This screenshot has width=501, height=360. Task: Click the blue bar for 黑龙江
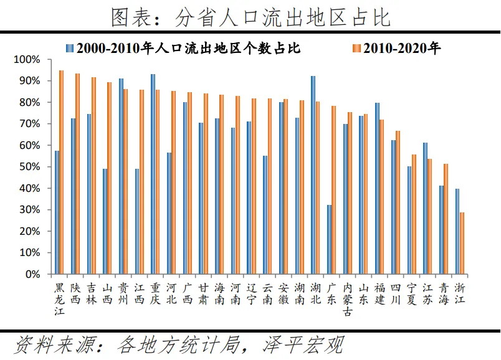click(x=57, y=212)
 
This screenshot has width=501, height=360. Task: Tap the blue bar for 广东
click(x=329, y=239)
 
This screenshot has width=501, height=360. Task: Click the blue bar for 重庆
click(x=153, y=174)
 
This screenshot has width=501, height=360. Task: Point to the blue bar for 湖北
click(x=313, y=175)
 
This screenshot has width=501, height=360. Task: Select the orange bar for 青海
click(x=446, y=219)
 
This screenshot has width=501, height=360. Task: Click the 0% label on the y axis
click(x=32, y=274)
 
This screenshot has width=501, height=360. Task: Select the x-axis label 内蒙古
click(x=348, y=299)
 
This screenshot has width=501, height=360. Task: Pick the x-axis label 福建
click(x=379, y=293)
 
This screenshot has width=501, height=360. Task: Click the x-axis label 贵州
click(x=123, y=293)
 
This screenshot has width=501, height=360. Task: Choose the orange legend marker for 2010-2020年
click(x=356, y=48)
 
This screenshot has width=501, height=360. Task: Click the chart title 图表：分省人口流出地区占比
click(x=250, y=17)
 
